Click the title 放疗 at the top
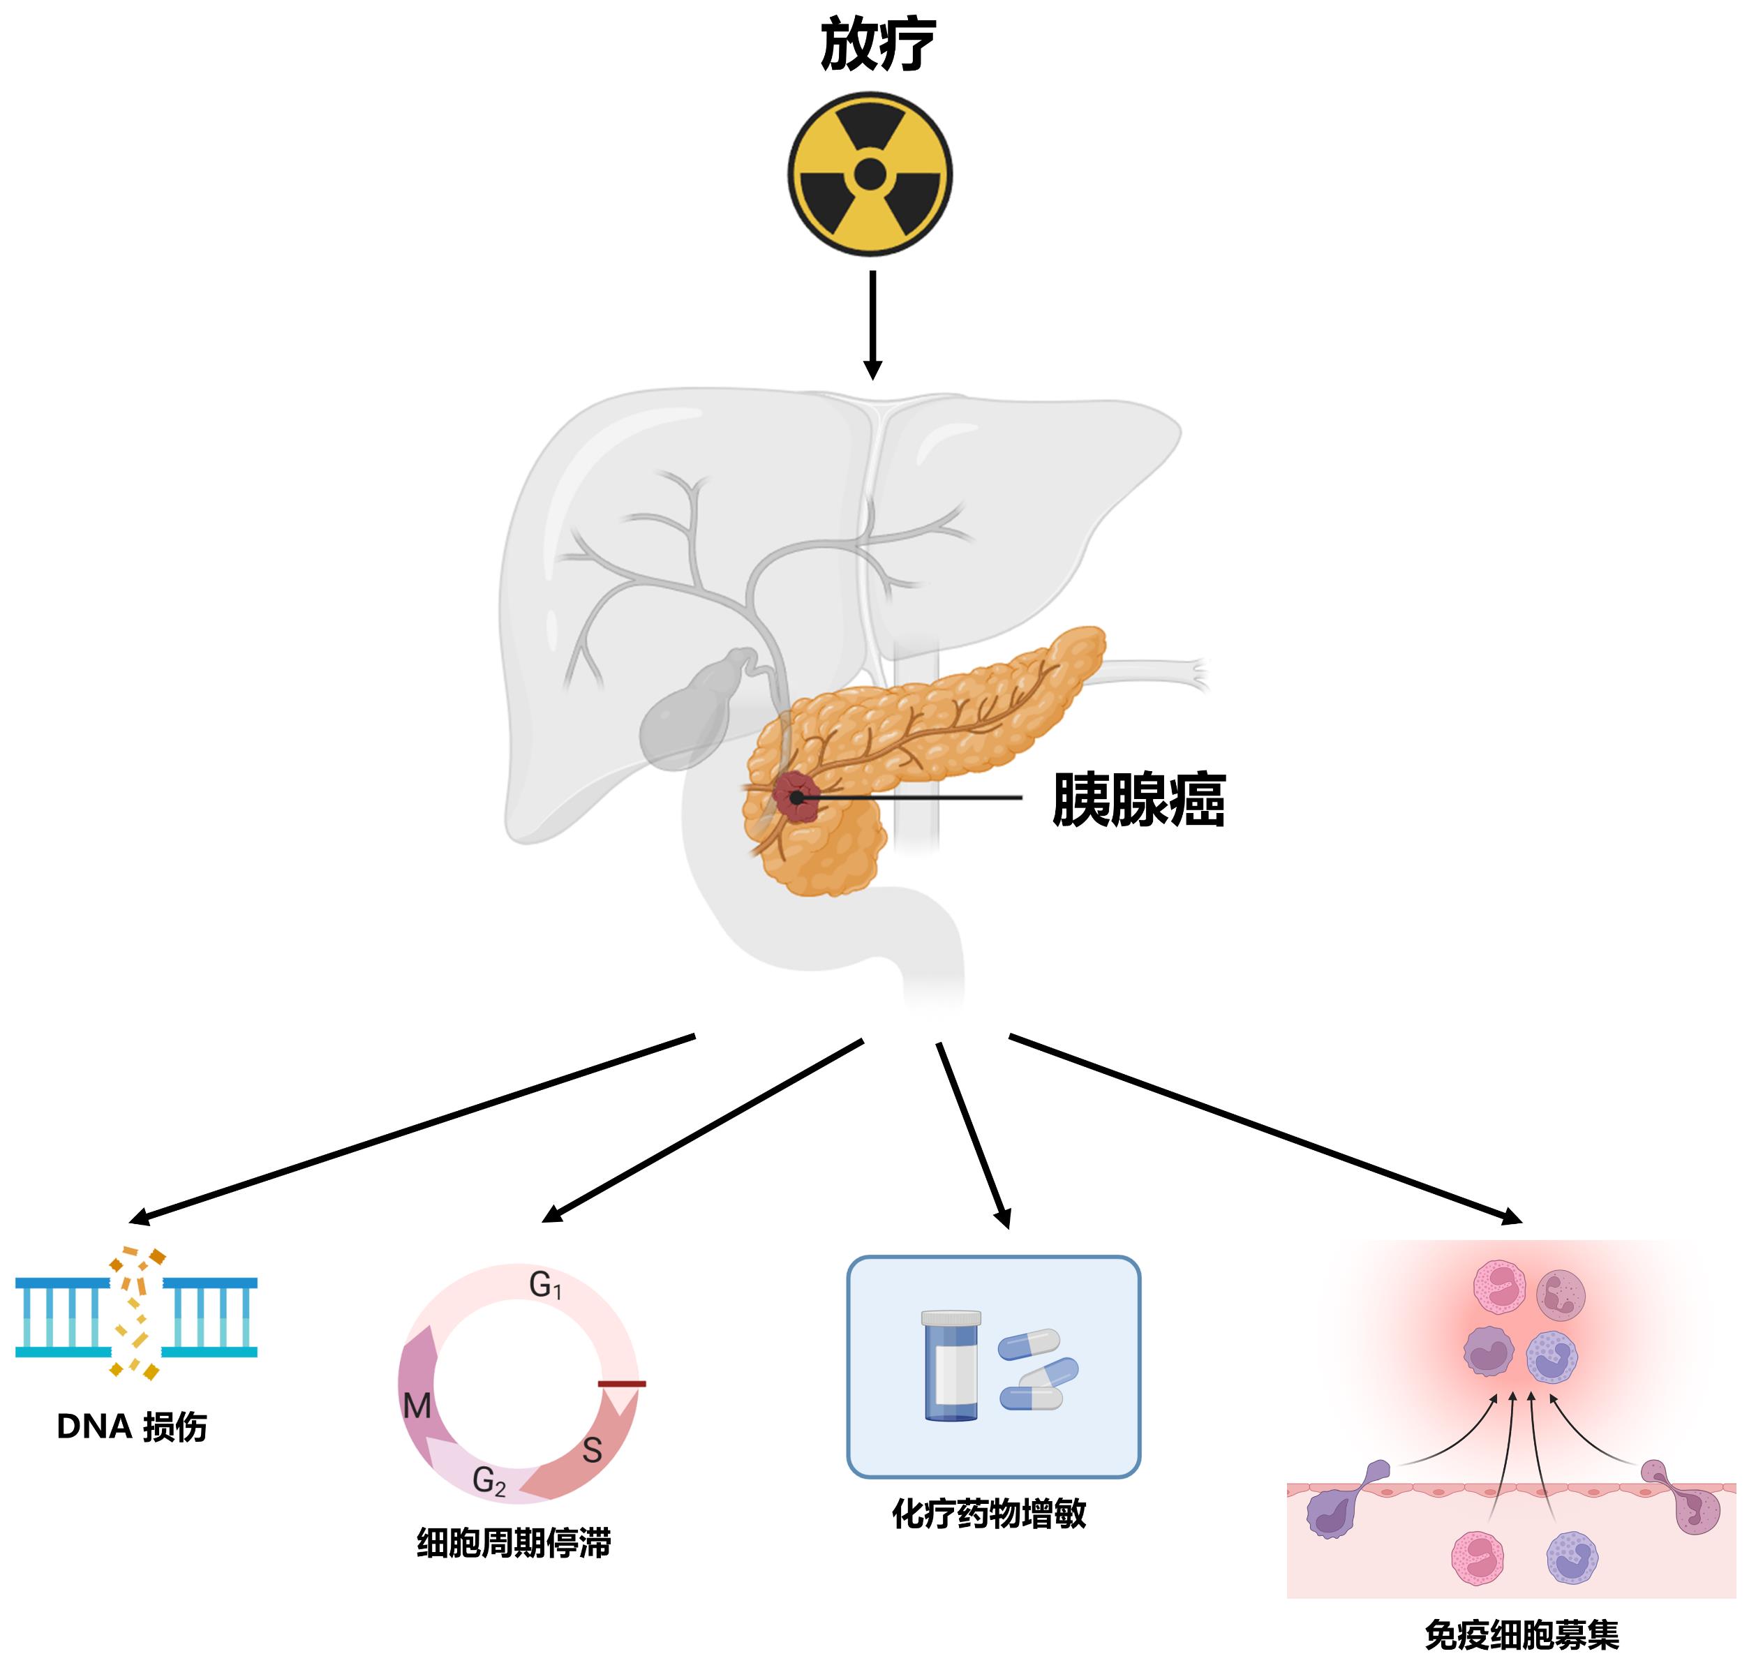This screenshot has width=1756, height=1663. point(877,45)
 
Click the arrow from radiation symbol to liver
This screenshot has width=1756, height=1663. point(872,324)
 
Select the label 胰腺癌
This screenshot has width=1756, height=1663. point(1138,800)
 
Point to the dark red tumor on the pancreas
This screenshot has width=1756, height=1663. point(795,796)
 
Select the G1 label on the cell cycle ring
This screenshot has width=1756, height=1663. point(544,1285)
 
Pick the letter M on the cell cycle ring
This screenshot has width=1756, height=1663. point(417,1406)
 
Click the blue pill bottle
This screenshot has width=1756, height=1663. point(951,1365)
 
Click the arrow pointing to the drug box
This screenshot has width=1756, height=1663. point(974,1135)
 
